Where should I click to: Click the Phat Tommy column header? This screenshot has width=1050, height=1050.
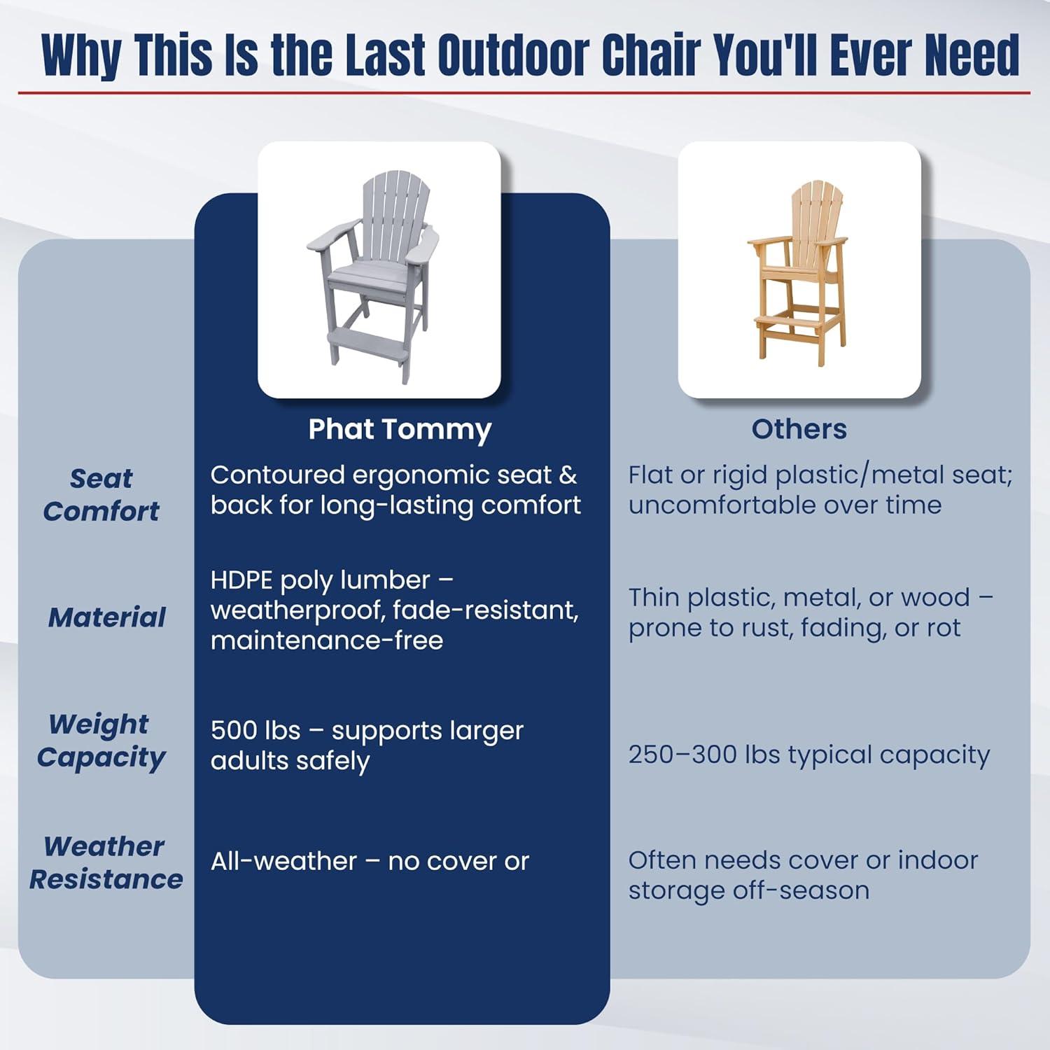pyautogui.click(x=400, y=429)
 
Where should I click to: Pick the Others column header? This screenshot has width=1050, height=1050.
pyautogui.click(x=799, y=429)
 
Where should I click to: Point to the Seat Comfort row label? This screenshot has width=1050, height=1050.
pyautogui.click(x=101, y=495)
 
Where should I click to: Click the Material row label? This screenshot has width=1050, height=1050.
pyautogui.click(x=107, y=617)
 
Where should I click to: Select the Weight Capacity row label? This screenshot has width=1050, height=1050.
pyautogui.click(x=101, y=740)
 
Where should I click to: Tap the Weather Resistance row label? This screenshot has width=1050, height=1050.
pyautogui.click(x=106, y=862)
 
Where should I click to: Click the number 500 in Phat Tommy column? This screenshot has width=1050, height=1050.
pyautogui.click(x=235, y=731)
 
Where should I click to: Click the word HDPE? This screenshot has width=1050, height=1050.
pyautogui.click(x=241, y=580)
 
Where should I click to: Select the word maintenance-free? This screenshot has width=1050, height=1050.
pyautogui.click(x=327, y=640)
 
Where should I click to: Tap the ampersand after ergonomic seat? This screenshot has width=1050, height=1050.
pyautogui.click(x=568, y=475)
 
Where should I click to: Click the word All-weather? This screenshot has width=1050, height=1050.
pyautogui.click(x=283, y=862)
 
